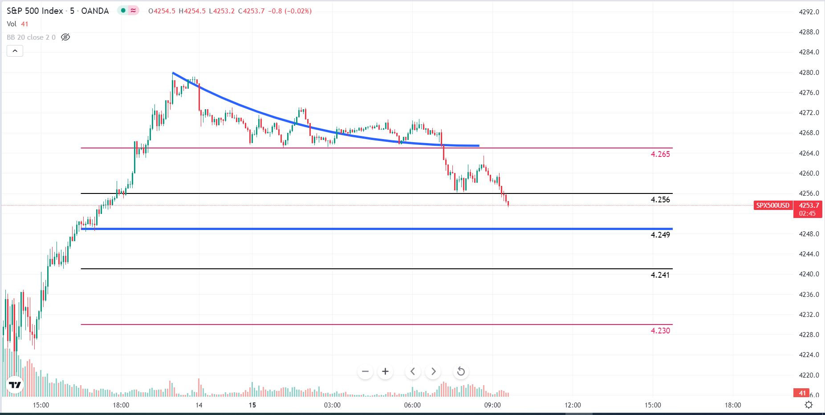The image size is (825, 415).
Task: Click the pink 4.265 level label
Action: pyautogui.click(x=660, y=154)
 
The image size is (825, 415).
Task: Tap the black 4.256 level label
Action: pyautogui.click(x=660, y=200)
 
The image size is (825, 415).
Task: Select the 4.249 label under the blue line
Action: pyautogui.click(x=660, y=235)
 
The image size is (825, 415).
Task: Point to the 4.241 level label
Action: pyautogui.click(x=660, y=275)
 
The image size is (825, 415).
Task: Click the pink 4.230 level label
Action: pyautogui.click(x=660, y=331)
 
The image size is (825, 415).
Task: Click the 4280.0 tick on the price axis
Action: pyautogui.click(x=809, y=73)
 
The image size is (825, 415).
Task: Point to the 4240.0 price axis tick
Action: pyautogui.click(x=809, y=274)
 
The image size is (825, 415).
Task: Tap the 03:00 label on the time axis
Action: pyautogui.click(x=332, y=405)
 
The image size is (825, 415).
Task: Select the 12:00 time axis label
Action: pyautogui.click(x=573, y=405)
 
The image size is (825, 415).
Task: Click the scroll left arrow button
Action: pyautogui.click(x=413, y=371)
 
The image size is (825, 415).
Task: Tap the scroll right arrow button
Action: pyautogui.click(x=433, y=371)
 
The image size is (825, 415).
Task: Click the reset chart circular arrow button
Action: pyautogui.click(x=461, y=371)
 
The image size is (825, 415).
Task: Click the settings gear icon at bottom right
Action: pyautogui.click(x=809, y=405)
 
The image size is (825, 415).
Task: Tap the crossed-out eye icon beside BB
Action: pyautogui.click(x=65, y=37)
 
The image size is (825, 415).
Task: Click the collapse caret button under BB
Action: pyautogui.click(x=15, y=51)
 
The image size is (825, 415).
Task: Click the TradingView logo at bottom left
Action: pyautogui.click(x=15, y=385)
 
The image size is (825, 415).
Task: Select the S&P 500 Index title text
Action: pyautogui.click(x=35, y=11)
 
